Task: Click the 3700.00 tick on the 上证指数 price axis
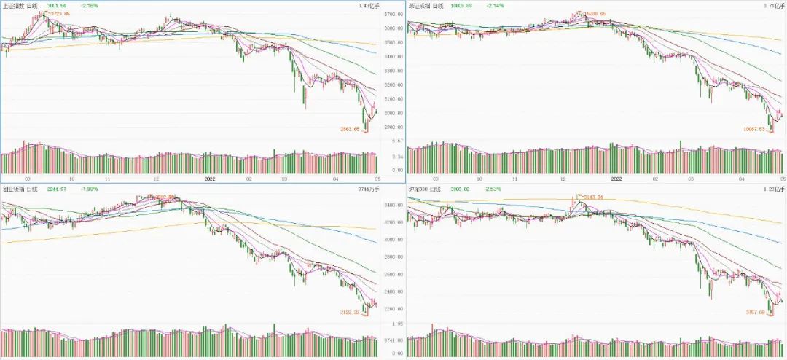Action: pyautogui.click(x=393, y=15)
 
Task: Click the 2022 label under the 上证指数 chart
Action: pyautogui.click(x=209, y=178)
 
